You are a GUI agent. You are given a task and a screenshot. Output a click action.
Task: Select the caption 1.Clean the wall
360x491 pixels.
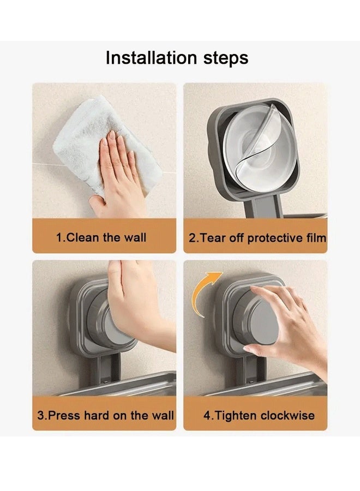pyautogui.click(x=101, y=238)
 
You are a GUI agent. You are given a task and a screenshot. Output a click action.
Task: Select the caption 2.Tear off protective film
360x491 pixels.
pyautogui.click(x=257, y=238)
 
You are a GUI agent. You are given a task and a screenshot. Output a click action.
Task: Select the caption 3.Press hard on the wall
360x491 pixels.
pyautogui.click(x=105, y=415)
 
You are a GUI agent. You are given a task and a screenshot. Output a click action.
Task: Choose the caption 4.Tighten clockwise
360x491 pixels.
pyautogui.click(x=259, y=415)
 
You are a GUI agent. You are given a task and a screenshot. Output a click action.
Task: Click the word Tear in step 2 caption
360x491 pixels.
pyautogui.click(x=213, y=238)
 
